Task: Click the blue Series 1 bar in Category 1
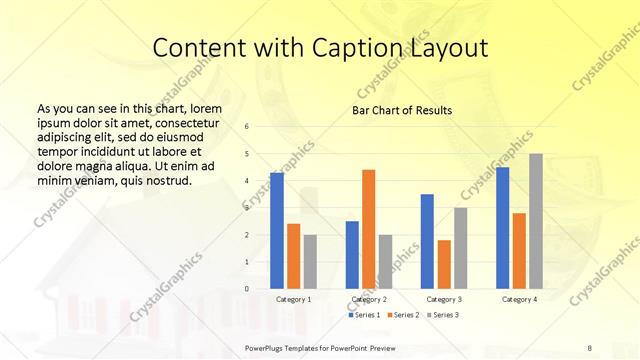coord(277,231)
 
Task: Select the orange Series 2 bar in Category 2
coord(368,229)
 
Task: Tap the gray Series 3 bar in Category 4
coord(536,221)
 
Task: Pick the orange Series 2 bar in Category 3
coord(444,264)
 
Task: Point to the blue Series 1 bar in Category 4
coord(502,228)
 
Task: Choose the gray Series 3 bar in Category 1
coord(310,262)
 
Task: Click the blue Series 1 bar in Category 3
coord(427,241)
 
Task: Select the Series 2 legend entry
coord(404,315)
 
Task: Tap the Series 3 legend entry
coord(442,315)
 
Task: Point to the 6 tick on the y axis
coord(247,127)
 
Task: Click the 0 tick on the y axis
coord(247,289)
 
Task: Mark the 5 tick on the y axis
coord(247,154)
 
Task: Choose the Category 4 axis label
coord(518,299)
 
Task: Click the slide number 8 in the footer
coord(590,345)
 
